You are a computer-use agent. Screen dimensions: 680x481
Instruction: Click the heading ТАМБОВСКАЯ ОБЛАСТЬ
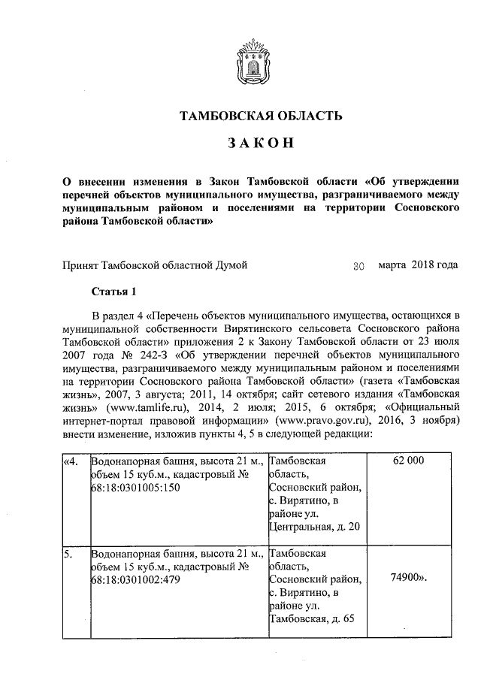(x=261, y=116)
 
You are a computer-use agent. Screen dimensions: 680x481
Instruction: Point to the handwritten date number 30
(x=359, y=266)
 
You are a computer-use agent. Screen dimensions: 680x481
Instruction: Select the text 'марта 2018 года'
(x=418, y=265)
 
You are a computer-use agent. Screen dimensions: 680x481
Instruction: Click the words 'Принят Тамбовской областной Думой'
(x=154, y=265)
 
